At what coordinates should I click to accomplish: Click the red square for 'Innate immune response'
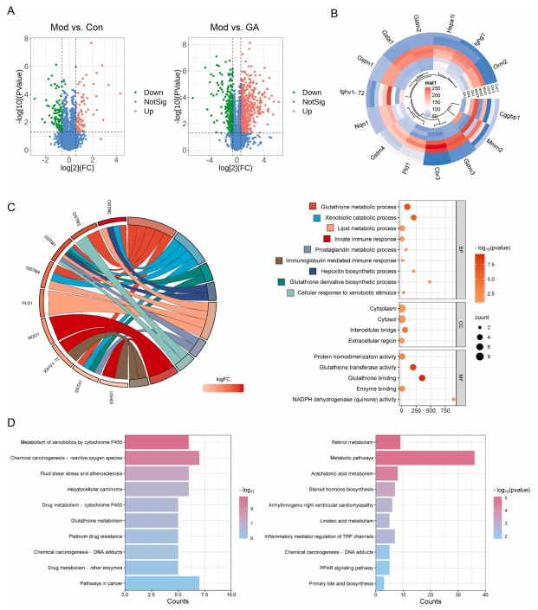point(314,237)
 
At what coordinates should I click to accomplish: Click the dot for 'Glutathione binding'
point(422,378)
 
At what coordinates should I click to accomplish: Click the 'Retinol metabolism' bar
point(387,441)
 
